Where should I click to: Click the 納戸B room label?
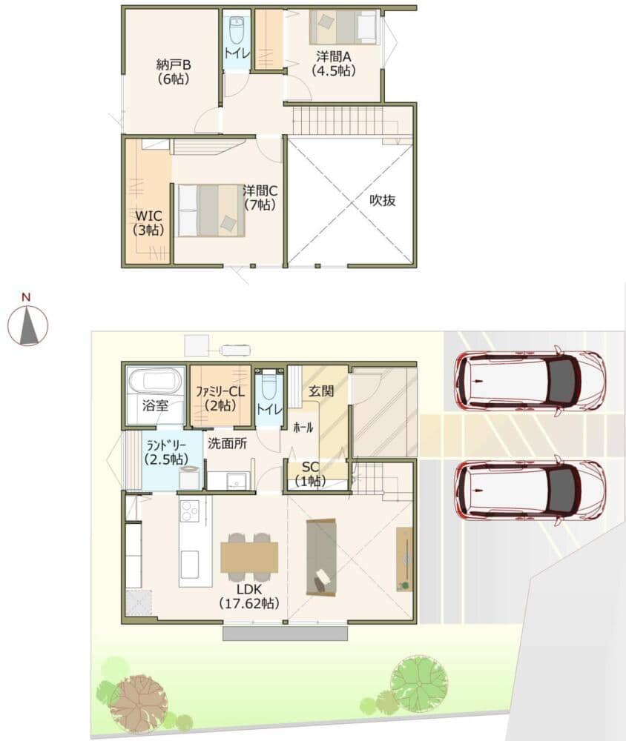coord(173,71)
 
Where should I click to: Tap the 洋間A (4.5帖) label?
coord(334,63)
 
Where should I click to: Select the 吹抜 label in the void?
coord(382,200)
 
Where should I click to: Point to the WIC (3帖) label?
coord(148,223)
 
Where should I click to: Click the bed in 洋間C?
coord(211,210)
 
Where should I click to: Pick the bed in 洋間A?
coord(344,27)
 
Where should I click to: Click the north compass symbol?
coord(28,325)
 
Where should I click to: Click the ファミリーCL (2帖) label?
coord(220,399)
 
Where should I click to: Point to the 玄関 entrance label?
coord(321,391)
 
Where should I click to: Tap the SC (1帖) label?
coord(310,474)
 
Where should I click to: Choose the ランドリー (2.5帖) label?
coord(166,452)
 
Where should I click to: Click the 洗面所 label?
coord(228,443)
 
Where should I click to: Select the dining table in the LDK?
coord(249,557)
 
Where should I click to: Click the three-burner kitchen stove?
coord(189,511)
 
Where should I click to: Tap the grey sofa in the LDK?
coord(321,556)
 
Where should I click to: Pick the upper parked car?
coord(529,380)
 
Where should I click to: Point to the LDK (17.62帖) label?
coord(249,597)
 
